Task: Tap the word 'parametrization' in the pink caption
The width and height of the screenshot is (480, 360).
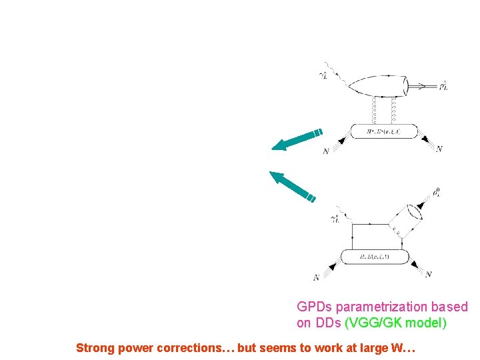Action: pyautogui.click(x=383, y=307)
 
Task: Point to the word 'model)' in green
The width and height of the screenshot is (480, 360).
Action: pyautogui.click(x=430, y=323)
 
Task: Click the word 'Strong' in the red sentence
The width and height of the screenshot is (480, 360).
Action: pyautogui.click(x=95, y=347)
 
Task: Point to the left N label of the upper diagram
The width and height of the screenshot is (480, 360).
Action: pyautogui.click(x=325, y=151)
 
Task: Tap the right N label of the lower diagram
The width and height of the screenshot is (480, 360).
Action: pyautogui.click(x=429, y=274)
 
